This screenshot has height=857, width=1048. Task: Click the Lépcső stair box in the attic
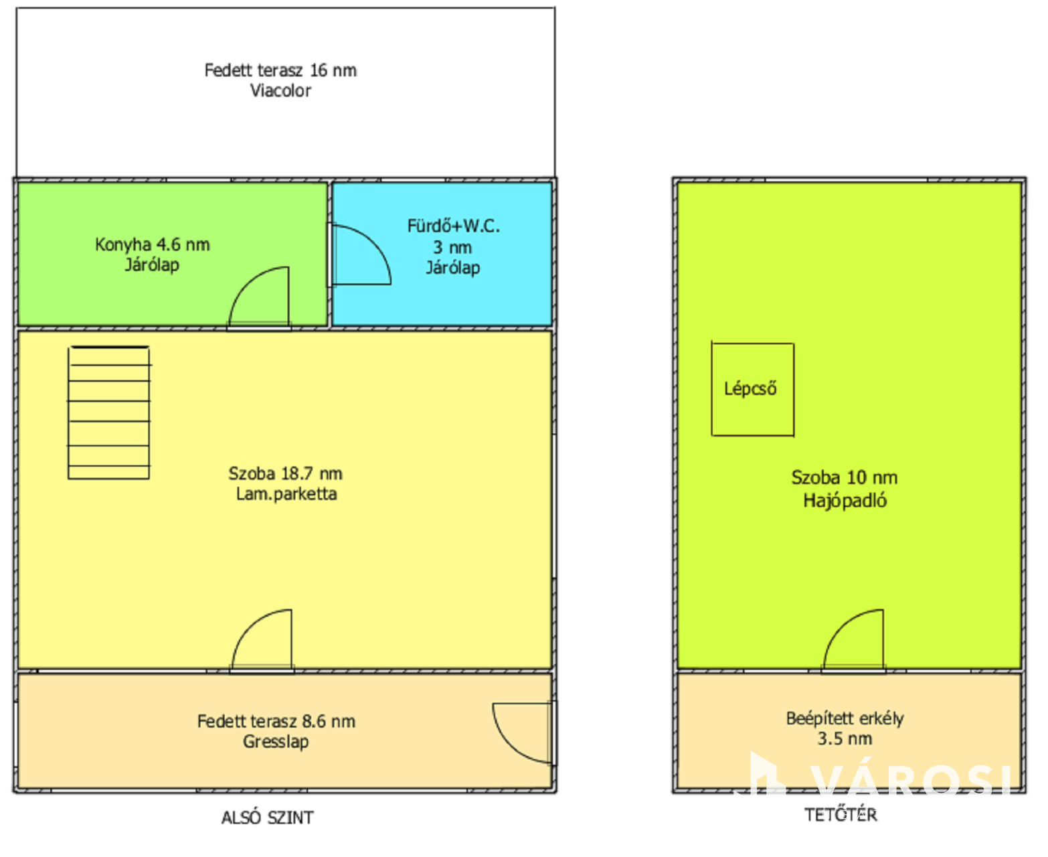click(x=711, y=389)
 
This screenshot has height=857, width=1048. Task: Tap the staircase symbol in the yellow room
click(x=108, y=412)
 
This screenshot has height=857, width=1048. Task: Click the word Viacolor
click(x=280, y=91)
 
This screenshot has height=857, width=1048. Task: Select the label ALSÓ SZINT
click(x=267, y=818)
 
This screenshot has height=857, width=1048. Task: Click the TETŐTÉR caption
click(x=841, y=815)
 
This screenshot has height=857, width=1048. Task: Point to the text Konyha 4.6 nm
click(x=152, y=244)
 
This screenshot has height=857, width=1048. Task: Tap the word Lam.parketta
click(x=286, y=494)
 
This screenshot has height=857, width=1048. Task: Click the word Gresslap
click(x=276, y=742)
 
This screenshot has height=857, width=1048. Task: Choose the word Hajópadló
click(x=845, y=501)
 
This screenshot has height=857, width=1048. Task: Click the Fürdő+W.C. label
click(x=453, y=226)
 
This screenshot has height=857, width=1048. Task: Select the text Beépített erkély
click(x=845, y=719)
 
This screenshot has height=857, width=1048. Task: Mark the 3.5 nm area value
click(x=845, y=739)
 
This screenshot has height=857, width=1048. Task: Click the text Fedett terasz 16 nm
click(x=280, y=70)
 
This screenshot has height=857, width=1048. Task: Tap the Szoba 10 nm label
click(x=845, y=478)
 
